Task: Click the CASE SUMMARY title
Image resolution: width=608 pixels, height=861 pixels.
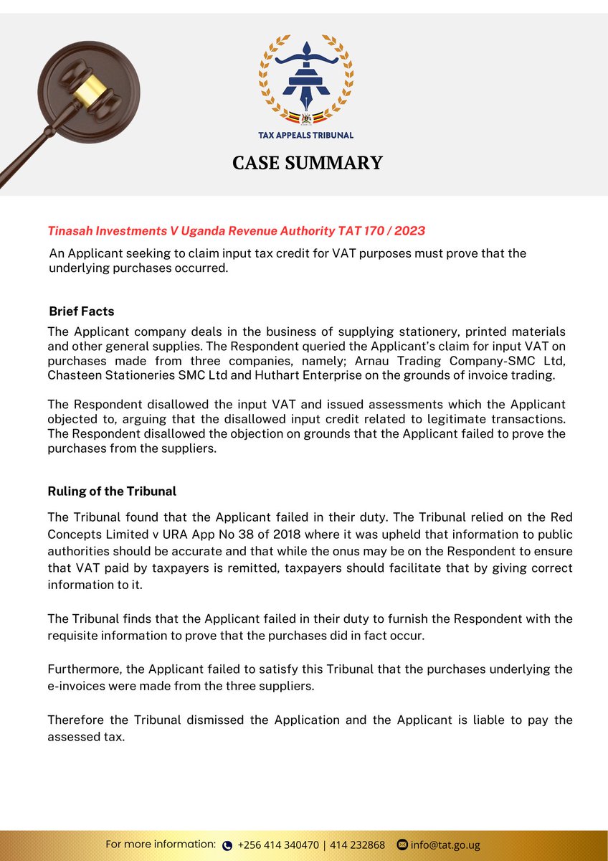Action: pyautogui.click(x=307, y=163)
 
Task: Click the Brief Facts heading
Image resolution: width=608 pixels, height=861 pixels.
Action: pyautogui.click(x=81, y=311)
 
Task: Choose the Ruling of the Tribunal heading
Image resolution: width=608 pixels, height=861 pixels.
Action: pyautogui.click(x=112, y=491)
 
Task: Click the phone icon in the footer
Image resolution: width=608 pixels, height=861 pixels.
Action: pyautogui.click(x=228, y=845)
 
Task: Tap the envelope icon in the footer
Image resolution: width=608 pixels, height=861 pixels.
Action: pyautogui.click(x=402, y=844)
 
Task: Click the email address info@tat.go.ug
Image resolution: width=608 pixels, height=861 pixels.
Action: pyautogui.click(x=445, y=844)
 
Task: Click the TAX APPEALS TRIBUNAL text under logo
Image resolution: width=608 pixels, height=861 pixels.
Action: pyautogui.click(x=306, y=135)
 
